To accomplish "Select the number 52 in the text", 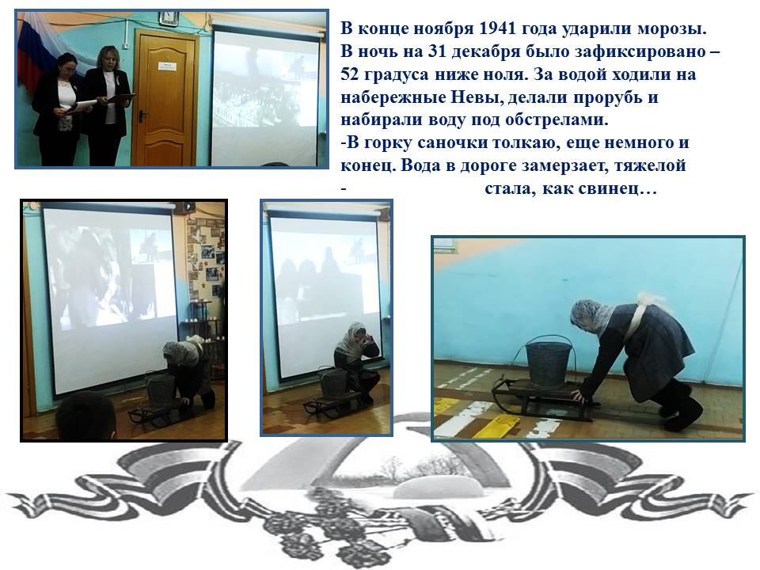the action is (x=350, y=74).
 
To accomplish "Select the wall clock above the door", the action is (x=169, y=18).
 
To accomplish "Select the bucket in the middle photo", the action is (x=331, y=382).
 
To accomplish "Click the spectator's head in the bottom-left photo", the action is (x=85, y=416).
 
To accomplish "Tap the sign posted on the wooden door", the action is (x=166, y=66).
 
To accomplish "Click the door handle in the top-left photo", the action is (x=142, y=116).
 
